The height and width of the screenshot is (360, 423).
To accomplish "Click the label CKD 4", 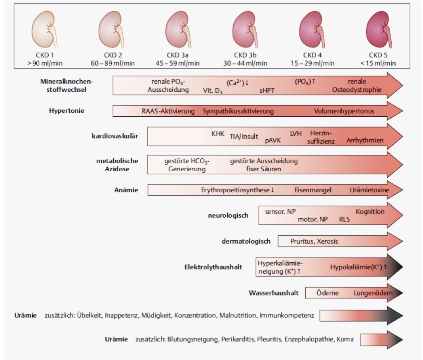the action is point(312,55).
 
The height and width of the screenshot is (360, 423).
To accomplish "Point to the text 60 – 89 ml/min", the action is point(113,63).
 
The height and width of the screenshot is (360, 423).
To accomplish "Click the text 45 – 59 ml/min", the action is point(177,63).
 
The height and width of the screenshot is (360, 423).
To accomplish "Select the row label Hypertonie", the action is point(67,111).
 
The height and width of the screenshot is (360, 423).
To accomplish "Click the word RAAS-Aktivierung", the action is point(168,111).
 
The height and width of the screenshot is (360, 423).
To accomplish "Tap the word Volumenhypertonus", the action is point(344,111).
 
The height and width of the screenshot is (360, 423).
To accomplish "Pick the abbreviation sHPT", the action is point(267,91).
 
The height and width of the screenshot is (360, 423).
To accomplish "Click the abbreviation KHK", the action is point(218,133).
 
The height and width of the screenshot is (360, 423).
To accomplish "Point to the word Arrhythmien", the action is point(365,140).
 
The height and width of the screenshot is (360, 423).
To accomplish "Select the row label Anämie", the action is point(126,190).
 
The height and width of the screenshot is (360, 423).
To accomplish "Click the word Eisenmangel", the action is point(312,190).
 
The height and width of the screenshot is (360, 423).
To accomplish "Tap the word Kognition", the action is point(370,212).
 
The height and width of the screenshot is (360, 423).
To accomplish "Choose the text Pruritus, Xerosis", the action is point(314,241).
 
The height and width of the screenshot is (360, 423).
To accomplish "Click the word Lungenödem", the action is point(373,293).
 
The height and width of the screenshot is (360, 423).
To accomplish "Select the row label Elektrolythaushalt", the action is point(213,267).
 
